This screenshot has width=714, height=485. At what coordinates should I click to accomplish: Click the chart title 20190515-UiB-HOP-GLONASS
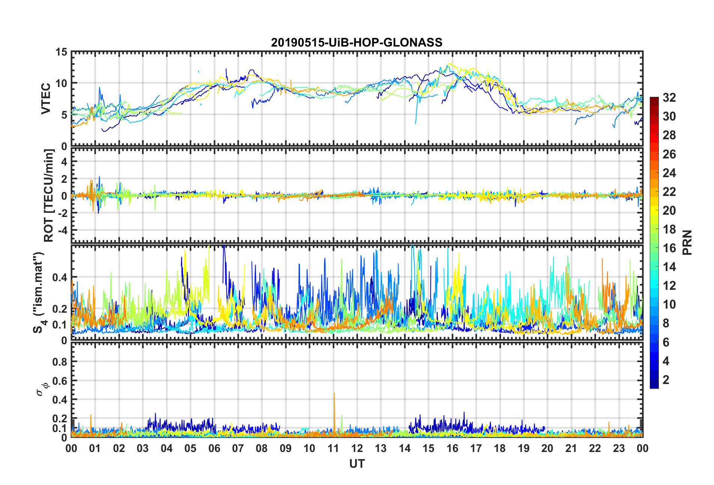(357, 42)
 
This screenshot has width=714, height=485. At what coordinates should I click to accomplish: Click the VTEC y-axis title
(46, 99)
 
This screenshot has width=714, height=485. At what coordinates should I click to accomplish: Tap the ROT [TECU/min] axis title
(49, 195)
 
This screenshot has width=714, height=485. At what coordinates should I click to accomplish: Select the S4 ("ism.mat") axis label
(38, 292)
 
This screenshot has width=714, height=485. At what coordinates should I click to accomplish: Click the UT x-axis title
(357, 464)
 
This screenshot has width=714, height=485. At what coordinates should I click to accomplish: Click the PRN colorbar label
(687, 242)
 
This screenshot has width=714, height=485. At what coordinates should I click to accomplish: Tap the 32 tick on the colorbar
(669, 98)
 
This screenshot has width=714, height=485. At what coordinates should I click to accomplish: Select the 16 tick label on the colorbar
(669, 248)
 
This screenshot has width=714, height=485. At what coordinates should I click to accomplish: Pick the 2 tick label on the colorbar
(666, 380)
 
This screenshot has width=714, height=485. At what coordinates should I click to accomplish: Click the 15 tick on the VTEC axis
(62, 52)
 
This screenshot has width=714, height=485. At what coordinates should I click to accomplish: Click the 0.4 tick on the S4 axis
(60, 277)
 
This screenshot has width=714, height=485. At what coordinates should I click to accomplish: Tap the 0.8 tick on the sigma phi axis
(60, 362)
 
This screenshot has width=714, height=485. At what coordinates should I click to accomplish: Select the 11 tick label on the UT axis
(333, 448)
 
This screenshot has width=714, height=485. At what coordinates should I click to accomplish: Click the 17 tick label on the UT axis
(476, 448)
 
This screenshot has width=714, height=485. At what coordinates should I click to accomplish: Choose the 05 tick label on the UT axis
(190, 448)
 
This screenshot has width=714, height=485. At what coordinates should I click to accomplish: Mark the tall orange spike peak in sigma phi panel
(334, 393)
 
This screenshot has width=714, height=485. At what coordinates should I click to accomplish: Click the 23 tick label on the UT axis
(619, 448)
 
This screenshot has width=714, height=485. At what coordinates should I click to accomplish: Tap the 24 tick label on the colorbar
(669, 173)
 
